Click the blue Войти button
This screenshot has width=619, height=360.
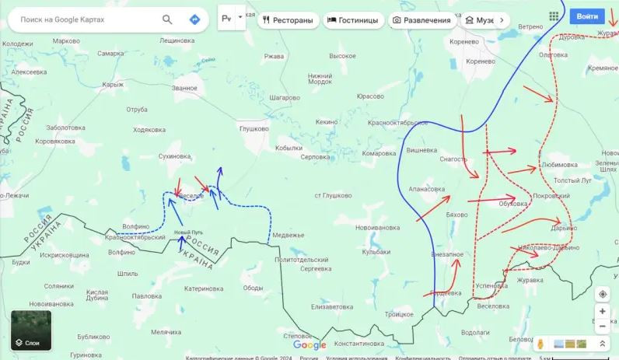pyautogui.click(x=587, y=16)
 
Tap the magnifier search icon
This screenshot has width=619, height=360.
pyautogui.click(x=167, y=19)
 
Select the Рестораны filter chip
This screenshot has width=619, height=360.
pyautogui.click(x=288, y=19)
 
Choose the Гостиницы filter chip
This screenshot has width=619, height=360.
pyautogui.click(x=352, y=19)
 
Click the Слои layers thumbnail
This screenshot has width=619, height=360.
pyautogui.click(x=31, y=330)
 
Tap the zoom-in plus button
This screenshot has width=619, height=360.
pyautogui.click(x=602, y=311)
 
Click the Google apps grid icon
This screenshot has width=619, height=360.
pyautogui.click(x=554, y=16)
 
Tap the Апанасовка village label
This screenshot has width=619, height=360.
pyautogui.click(x=427, y=189)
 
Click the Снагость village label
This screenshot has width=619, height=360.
pyautogui.click(x=453, y=159)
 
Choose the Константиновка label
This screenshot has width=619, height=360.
pyautogui.click(x=358, y=344)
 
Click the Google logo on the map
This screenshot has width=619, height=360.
pyautogui.click(x=309, y=345)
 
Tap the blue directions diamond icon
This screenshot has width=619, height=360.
pyautogui.click(x=194, y=19)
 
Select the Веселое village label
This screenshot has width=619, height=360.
pyautogui.click(x=191, y=196)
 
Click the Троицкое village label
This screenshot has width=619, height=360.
pyautogui.click(x=399, y=313)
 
